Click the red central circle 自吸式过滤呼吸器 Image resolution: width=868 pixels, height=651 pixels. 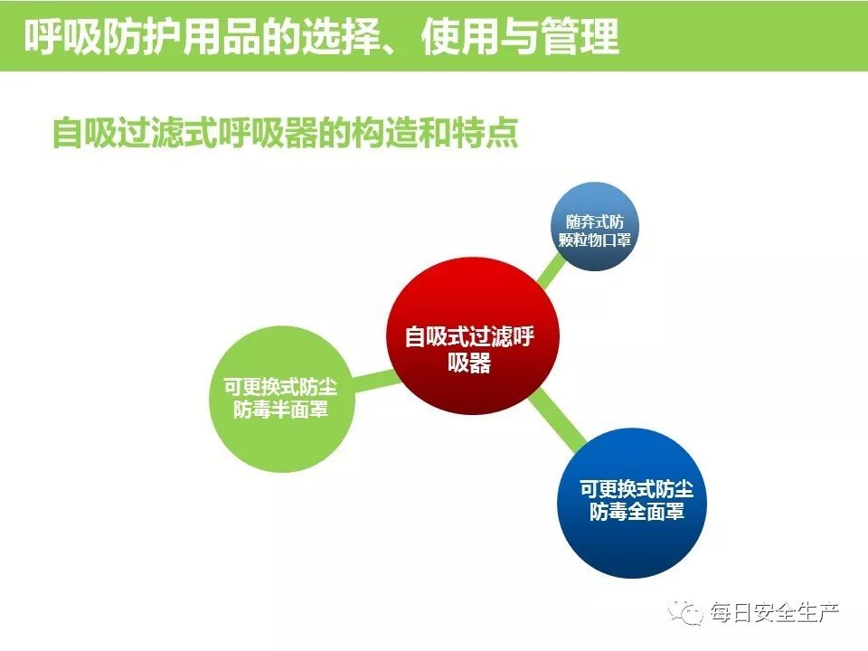point(472,335)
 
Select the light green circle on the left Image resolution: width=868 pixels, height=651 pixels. point(282,399)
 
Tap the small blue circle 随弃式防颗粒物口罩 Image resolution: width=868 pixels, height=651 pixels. point(595,226)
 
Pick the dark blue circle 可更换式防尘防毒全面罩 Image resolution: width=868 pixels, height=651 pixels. point(632,503)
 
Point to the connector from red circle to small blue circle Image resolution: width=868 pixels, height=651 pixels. point(551,272)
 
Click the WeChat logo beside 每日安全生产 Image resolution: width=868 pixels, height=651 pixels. point(686,612)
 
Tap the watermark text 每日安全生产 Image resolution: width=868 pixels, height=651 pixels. point(775,613)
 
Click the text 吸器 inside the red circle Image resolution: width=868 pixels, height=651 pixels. point(469,363)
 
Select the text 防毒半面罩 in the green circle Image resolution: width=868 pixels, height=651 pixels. point(280,410)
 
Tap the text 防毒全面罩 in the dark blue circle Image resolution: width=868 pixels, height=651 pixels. point(637,512)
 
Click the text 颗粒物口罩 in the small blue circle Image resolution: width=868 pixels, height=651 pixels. point(595,240)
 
